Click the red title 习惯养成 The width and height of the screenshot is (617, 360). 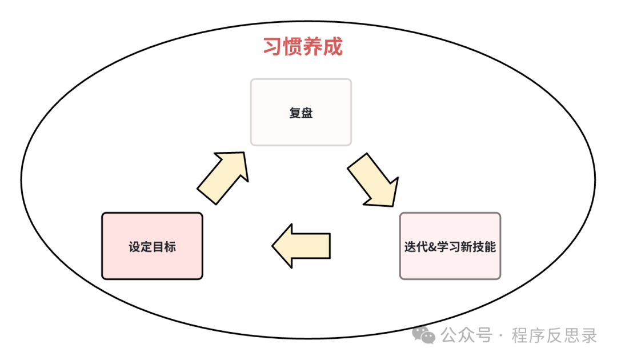point(302,47)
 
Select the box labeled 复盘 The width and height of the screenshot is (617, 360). point(301,112)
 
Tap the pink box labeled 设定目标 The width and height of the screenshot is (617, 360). point(152,246)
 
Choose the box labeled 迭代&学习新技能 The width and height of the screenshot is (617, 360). point(450,246)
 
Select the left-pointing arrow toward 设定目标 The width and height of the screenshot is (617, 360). point(301,246)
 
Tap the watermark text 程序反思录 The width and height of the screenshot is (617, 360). point(554,335)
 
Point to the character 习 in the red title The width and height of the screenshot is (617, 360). point(272,47)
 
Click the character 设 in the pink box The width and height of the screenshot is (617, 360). point(134,247)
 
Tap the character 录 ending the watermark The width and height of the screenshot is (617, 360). point(589,335)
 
